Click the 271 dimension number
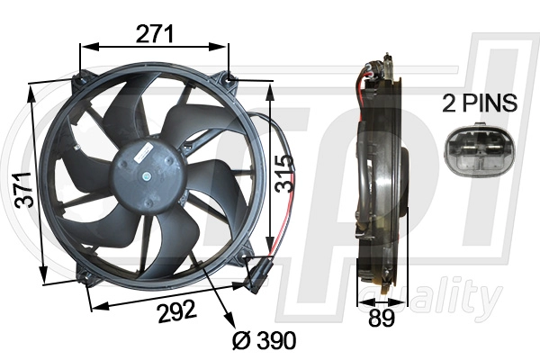[155, 34]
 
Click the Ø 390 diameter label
[260, 340]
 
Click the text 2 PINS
[480, 103]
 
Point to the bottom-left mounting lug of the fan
[87, 276]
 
